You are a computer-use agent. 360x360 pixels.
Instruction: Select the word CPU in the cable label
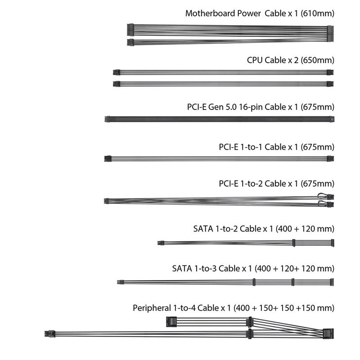point(255,60)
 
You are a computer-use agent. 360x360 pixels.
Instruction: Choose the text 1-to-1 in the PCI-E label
point(251,147)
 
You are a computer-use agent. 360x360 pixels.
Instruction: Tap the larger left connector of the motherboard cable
point(130,30)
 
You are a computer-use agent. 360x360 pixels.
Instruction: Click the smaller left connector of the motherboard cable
point(130,42)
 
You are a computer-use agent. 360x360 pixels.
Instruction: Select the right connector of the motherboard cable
point(330,33)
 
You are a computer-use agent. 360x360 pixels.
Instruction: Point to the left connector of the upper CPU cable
point(117,72)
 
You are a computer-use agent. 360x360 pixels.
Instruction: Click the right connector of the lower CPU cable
point(330,84)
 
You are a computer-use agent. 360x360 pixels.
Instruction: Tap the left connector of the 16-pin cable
point(107,119)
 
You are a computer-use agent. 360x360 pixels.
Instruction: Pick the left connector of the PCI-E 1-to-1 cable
point(108,159)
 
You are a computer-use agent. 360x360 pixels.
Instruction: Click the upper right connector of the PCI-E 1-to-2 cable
point(331,197)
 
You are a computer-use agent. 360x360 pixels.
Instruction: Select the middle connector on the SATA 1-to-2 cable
point(294,243)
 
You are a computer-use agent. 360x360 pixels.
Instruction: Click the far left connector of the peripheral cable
point(50,334)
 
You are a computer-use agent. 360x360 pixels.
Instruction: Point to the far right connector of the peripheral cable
point(328,334)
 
